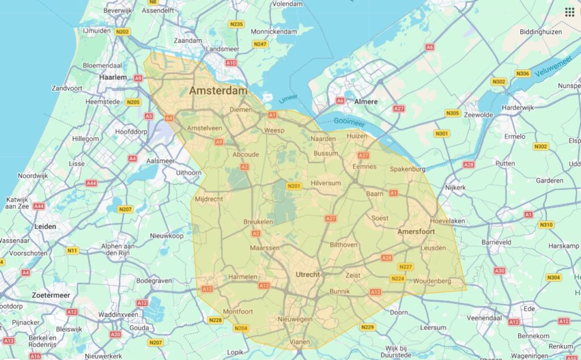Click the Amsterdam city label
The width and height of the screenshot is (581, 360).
218,91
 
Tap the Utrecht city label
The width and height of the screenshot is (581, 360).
308,275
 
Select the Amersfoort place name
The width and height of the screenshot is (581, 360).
416,232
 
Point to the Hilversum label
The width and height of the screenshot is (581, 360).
326,183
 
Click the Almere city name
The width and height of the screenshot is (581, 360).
366,101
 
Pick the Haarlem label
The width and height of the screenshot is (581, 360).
113,77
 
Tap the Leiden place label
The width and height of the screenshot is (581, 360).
45,226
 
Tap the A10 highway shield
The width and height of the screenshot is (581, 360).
231,63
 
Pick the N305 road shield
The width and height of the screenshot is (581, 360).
453,113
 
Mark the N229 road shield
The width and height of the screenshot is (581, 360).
368,327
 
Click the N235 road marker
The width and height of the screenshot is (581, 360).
237,24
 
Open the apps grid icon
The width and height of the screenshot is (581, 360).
569,12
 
